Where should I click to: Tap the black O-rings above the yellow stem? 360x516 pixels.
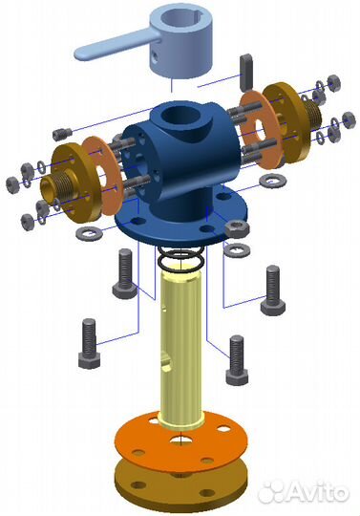click(181, 259)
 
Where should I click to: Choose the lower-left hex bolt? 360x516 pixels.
click(88, 343)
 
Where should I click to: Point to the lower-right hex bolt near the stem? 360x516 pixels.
click(236, 359)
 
